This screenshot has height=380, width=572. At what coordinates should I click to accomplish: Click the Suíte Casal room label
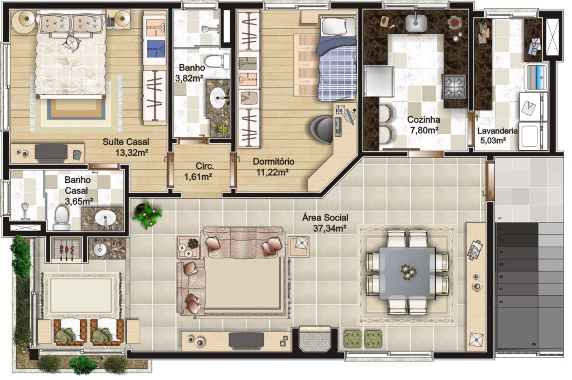coord(126,142)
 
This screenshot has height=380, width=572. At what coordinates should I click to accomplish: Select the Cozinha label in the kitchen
coord(423,119)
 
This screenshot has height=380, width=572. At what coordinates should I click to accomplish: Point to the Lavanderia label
coord(497,131)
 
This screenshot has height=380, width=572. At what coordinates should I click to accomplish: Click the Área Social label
coord(325,218)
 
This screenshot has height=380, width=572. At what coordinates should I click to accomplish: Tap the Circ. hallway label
coord(204,166)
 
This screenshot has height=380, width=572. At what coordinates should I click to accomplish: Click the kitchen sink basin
coord(416,22)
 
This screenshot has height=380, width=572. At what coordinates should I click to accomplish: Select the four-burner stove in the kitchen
coord(454,86)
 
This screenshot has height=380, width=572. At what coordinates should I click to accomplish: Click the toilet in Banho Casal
coord(61,218)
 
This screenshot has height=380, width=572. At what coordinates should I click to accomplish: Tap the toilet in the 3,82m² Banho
coord(216,61)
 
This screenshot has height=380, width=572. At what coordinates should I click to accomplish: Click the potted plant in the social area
coord(147,215)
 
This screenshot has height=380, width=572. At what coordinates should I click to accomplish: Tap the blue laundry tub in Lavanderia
coord(536,76)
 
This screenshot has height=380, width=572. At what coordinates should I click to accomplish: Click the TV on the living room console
coord(246,340)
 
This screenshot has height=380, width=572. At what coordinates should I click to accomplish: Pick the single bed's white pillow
coord(337,27)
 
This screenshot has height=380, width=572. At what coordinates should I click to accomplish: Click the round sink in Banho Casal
coord(105,218)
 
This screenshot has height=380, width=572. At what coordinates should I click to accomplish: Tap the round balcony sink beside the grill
coord(98,249)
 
